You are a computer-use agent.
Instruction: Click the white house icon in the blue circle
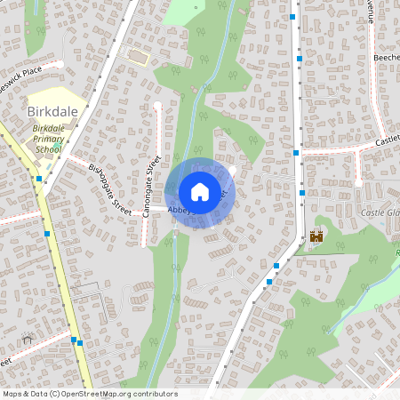click(200, 191)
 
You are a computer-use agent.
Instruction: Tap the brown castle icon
click(316, 236)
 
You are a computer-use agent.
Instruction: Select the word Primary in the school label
click(50, 139)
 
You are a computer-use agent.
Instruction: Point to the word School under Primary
click(49, 149)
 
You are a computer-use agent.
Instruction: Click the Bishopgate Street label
click(109, 188)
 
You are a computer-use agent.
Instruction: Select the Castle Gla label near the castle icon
click(380, 213)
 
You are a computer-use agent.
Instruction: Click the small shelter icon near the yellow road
click(27, 339)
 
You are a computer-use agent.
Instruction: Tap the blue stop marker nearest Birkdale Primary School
click(39, 179)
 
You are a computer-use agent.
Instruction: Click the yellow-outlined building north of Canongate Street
click(138, 57)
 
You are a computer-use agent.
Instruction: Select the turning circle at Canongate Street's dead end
click(157, 106)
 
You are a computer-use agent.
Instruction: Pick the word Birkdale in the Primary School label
click(50, 128)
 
